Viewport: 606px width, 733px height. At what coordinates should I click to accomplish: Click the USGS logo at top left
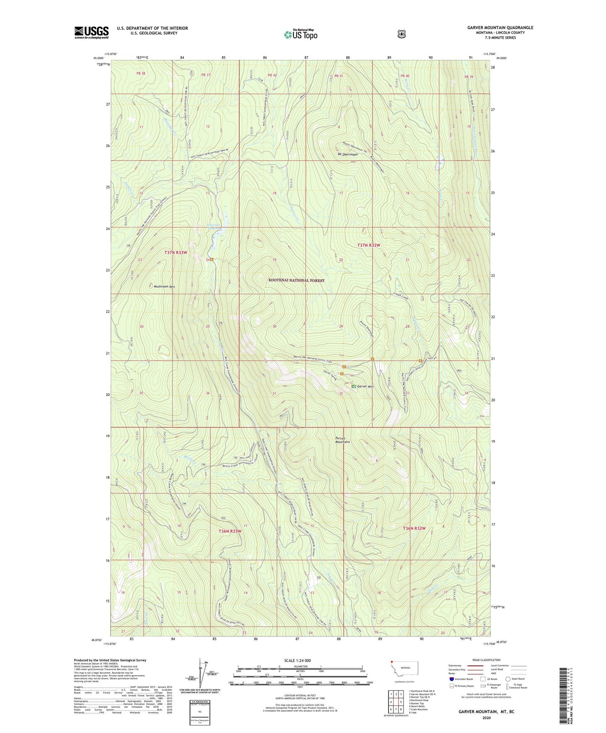click(91, 32)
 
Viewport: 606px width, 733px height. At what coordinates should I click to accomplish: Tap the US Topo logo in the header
click(300, 34)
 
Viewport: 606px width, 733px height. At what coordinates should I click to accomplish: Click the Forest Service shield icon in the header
click(401, 34)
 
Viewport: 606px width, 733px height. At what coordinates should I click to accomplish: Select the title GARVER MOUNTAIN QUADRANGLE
click(500, 28)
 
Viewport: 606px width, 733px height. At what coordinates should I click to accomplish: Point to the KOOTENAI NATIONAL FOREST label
click(296, 280)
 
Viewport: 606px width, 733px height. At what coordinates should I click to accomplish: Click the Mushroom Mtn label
click(164, 287)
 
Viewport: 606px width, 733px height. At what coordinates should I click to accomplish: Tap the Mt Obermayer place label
click(348, 154)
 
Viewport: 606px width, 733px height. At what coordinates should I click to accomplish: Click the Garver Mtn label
click(365, 387)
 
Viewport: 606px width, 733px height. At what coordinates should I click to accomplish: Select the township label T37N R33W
click(176, 252)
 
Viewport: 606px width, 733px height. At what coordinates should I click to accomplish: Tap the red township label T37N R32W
click(369, 245)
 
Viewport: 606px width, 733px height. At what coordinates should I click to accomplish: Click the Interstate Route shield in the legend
click(451, 679)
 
